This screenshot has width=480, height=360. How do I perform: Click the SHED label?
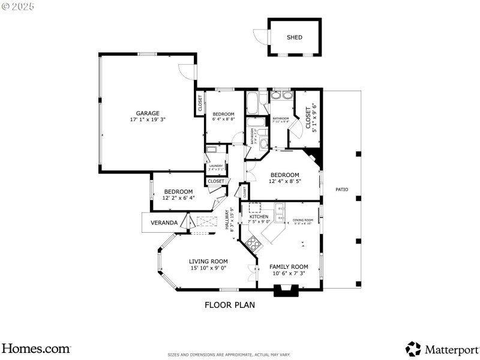[x=294, y=37]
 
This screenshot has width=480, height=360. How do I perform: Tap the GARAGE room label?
[x=147, y=113]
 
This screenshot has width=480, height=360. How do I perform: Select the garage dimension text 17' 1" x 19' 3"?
[x=147, y=119]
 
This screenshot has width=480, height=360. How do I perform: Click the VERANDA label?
[x=164, y=223]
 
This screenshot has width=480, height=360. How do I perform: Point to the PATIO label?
[x=341, y=190]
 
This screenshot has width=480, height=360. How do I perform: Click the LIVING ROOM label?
[x=208, y=261]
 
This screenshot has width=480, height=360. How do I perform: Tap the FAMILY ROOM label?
[x=289, y=266]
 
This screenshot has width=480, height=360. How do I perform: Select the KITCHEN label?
[x=259, y=217]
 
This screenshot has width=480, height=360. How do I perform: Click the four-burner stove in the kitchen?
[x=253, y=244]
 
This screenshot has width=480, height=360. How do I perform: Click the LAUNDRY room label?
[x=216, y=166]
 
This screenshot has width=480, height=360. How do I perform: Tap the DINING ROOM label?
[x=303, y=220]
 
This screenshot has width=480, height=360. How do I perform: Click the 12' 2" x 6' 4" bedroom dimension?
[x=178, y=198]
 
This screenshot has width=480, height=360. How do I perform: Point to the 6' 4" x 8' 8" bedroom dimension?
[x=224, y=119]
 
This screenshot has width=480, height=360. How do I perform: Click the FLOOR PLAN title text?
[x=230, y=305]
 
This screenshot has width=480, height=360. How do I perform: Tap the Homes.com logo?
[x=36, y=348]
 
